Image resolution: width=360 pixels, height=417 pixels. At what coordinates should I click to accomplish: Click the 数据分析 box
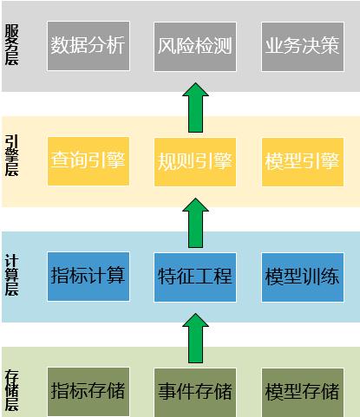click(x=88, y=46)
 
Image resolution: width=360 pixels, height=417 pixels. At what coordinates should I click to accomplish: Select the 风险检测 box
click(x=195, y=46)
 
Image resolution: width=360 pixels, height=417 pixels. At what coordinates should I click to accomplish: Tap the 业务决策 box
click(x=303, y=46)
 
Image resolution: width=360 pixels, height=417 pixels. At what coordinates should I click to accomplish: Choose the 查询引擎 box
click(x=88, y=161)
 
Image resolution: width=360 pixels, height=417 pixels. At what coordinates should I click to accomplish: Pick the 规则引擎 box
click(x=195, y=162)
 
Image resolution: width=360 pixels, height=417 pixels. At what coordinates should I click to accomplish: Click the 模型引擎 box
click(x=303, y=162)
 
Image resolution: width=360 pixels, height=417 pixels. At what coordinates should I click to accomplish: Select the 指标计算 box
click(x=88, y=277)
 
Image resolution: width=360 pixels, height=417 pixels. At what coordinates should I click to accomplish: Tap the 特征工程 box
click(x=195, y=277)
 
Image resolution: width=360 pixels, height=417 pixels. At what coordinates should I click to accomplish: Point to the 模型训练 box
click(x=303, y=277)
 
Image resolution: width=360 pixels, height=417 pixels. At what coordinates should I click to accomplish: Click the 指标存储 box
click(x=88, y=392)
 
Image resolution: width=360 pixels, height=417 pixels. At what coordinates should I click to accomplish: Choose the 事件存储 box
click(x=195, y=392)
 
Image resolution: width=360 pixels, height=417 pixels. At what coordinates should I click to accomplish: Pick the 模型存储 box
click(x=303, y=392)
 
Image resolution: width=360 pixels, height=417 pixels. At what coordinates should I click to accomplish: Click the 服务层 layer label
click(x=11, y=45)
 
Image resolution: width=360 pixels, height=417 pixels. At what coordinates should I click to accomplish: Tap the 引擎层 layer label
click(x=11, y=155)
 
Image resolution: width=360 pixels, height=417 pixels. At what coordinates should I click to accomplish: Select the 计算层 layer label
click(x=11, y=275)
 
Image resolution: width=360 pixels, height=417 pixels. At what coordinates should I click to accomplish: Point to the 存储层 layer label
click(x=11, y=390)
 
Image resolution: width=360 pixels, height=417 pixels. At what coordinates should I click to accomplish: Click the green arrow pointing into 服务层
click(x=195, y=108)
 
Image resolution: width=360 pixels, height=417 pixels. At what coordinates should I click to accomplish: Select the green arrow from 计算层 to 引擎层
click(x=195, y=223)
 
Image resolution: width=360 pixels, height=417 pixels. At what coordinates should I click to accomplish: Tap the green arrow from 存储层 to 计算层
click(x=195, y=338)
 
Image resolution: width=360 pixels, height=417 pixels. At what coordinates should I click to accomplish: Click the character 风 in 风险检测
click(x=167, y=46)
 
